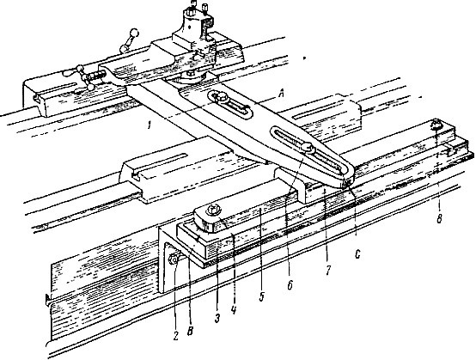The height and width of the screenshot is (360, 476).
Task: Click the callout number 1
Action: (149, 125)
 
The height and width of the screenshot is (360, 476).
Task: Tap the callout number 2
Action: (176, 336)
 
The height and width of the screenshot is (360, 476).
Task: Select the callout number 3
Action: (217, 319)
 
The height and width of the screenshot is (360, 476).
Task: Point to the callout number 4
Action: (233, 310)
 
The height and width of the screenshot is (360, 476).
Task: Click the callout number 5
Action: (262, 296)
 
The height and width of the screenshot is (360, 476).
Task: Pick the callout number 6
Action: (290, 285)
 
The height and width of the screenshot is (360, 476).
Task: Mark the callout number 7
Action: (327, 271)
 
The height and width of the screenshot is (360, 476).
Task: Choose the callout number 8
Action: (439, 218)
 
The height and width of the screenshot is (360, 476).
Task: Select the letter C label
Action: (357, 254)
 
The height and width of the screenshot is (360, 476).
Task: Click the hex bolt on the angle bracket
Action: (173, 259)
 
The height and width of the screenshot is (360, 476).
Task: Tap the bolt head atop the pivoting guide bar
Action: (211, 211)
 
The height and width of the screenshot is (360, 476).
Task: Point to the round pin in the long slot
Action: (308, 149)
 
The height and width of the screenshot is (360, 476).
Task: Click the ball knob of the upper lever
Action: (134, 33)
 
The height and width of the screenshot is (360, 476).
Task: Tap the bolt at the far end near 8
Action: (436, 124)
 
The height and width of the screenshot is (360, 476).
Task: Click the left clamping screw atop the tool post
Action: (193, 7)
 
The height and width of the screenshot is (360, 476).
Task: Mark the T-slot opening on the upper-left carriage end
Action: (36, 97)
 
